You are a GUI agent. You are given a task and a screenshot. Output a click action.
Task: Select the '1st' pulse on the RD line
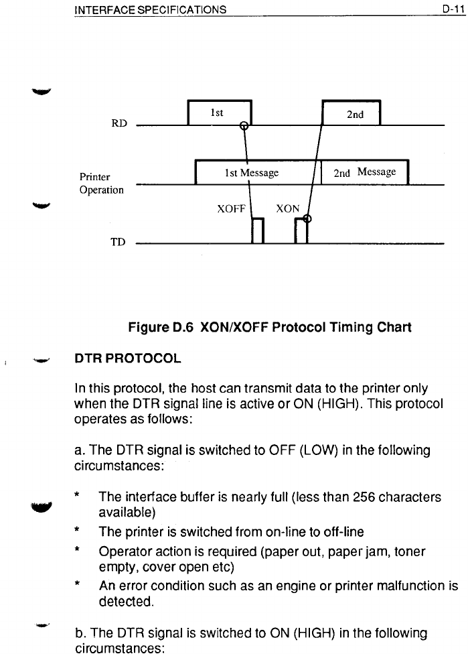click(x=219, y=113)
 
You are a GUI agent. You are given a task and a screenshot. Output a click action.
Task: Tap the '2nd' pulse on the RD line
click(x=352, y=113)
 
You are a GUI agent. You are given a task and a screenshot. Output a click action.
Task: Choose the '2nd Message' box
click(x=365, y=173)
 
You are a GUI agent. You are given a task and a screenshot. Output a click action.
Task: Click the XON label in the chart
click(x=289, y=208)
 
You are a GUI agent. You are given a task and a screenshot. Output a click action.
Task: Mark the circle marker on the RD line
click(x=244, y=125)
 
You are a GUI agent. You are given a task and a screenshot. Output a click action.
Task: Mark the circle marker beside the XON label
click(x=307, y=218)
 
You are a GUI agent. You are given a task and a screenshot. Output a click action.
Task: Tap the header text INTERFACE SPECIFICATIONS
click(x=150, y=9)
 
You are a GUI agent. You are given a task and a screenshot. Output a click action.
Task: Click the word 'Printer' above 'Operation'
click(x=95, y=178)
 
